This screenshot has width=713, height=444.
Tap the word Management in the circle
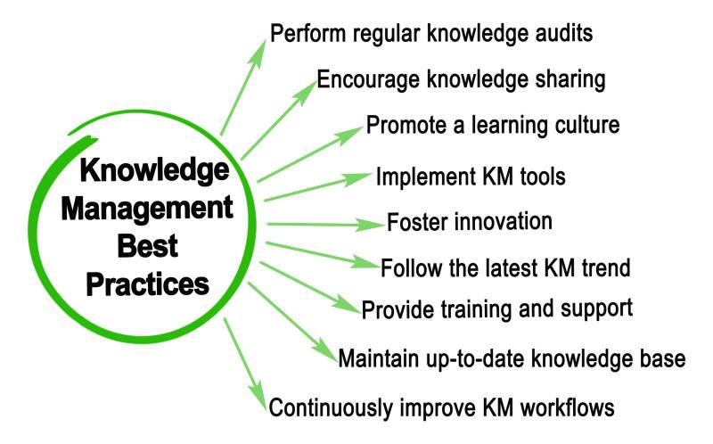coord(153,210)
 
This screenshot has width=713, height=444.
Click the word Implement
coord(423,176)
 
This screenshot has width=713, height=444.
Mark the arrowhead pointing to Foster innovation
coord(373,224)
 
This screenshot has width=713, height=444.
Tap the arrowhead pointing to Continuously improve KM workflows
coord(257,398)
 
